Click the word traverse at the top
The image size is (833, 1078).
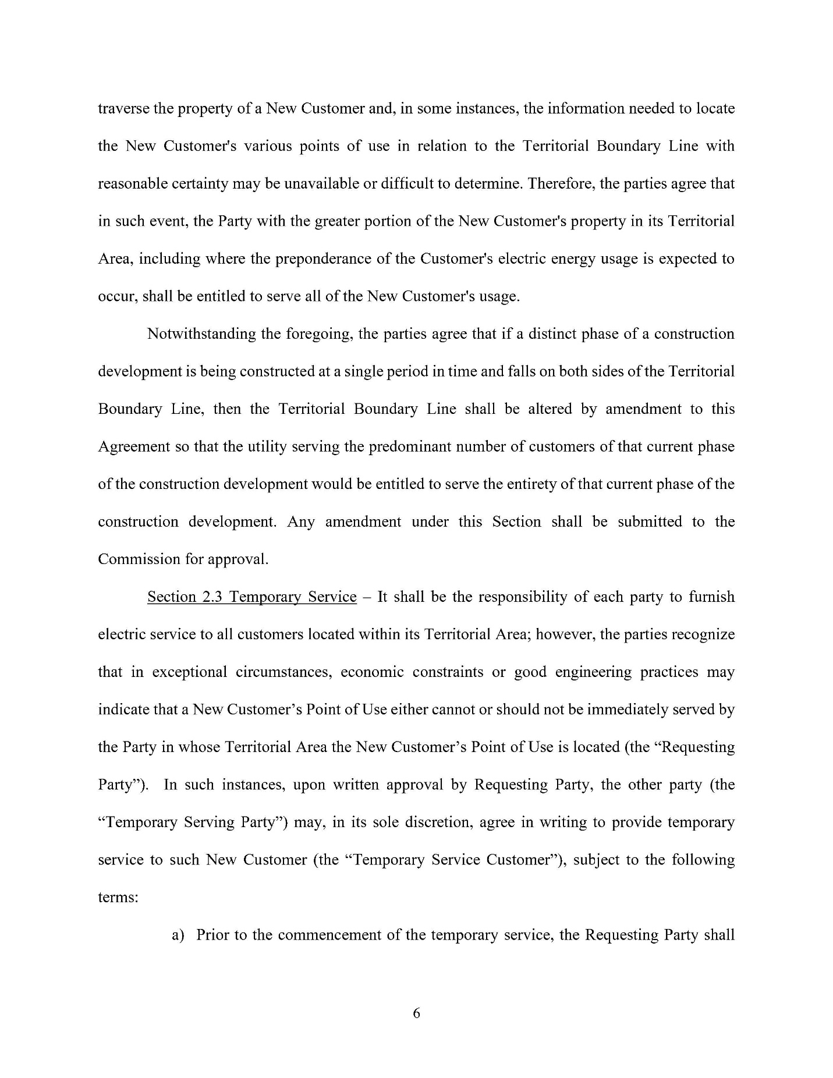coord(123,109)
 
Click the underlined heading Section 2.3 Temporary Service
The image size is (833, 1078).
coord(251,597)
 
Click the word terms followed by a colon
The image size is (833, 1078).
coord(118,898)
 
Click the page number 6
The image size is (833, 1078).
coord(416,1013)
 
